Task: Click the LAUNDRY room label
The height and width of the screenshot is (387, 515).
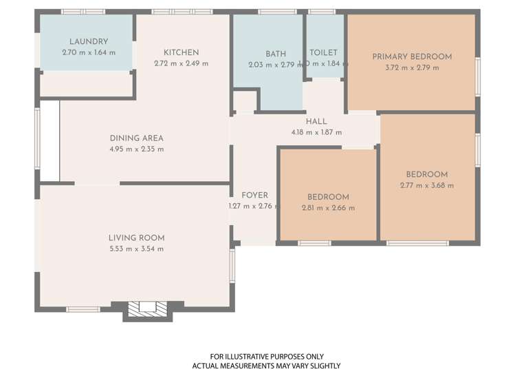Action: pos(89,42)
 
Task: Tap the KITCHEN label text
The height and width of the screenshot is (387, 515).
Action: pos(182,52)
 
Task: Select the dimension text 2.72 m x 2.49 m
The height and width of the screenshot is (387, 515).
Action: pos(182,63)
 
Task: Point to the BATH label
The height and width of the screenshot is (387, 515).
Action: pos(276,54)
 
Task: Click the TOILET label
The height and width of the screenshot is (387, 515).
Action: pos(324,52)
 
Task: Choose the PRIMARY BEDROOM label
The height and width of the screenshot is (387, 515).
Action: pos(412,56)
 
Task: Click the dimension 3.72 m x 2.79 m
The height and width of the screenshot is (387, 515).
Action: pos(413,67)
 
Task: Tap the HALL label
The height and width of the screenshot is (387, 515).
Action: pos(316,121)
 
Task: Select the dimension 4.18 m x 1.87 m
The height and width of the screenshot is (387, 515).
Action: pos(316,132)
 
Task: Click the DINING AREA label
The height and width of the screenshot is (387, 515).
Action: pos(137,138)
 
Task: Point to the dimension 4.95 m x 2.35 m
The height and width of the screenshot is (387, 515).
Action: pos(137,149)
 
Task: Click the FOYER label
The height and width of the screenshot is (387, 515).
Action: pos(254,195)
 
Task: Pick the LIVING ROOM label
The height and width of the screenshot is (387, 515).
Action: pos(137,238)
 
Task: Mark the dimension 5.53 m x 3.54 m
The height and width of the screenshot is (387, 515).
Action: pos(137,249)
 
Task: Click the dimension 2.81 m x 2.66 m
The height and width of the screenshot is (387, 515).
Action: pos(328,207)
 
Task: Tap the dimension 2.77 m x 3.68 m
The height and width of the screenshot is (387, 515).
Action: pos(426,185)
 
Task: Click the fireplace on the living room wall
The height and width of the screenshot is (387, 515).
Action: pos(147,309)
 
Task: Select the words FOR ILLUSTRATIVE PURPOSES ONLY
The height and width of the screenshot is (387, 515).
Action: pos(267,356)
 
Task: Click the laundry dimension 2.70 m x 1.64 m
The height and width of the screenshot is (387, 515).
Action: pos(89,52)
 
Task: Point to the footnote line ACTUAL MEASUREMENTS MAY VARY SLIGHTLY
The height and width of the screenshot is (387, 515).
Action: pos(267,366)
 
